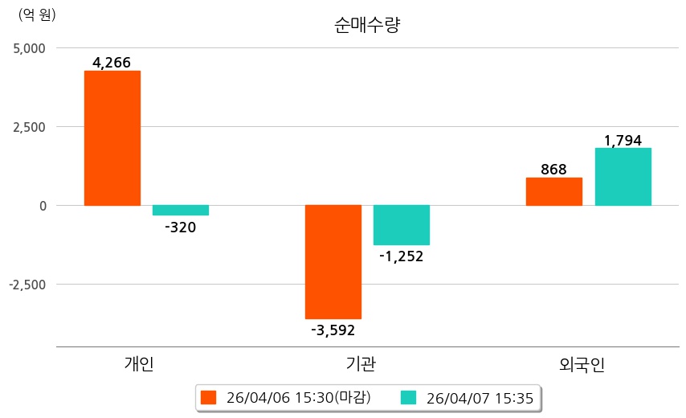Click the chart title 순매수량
coord(367,25)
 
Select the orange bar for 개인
coord(112,137)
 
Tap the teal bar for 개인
coord(181,211)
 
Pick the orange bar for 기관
coord(333,262)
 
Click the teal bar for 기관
coord(402,225)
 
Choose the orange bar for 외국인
coord(553,191)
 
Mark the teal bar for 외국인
coord(623,177)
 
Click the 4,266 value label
coord(112,63)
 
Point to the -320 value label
coord(180,227)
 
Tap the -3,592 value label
coord(333,330)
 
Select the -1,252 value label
coord(402,256)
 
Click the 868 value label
coord(553,170)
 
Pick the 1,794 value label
coord(623,141)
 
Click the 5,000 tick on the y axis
coord(30,48)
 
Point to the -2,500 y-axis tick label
coord(27,285)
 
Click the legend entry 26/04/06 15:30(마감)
coord(287,398)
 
